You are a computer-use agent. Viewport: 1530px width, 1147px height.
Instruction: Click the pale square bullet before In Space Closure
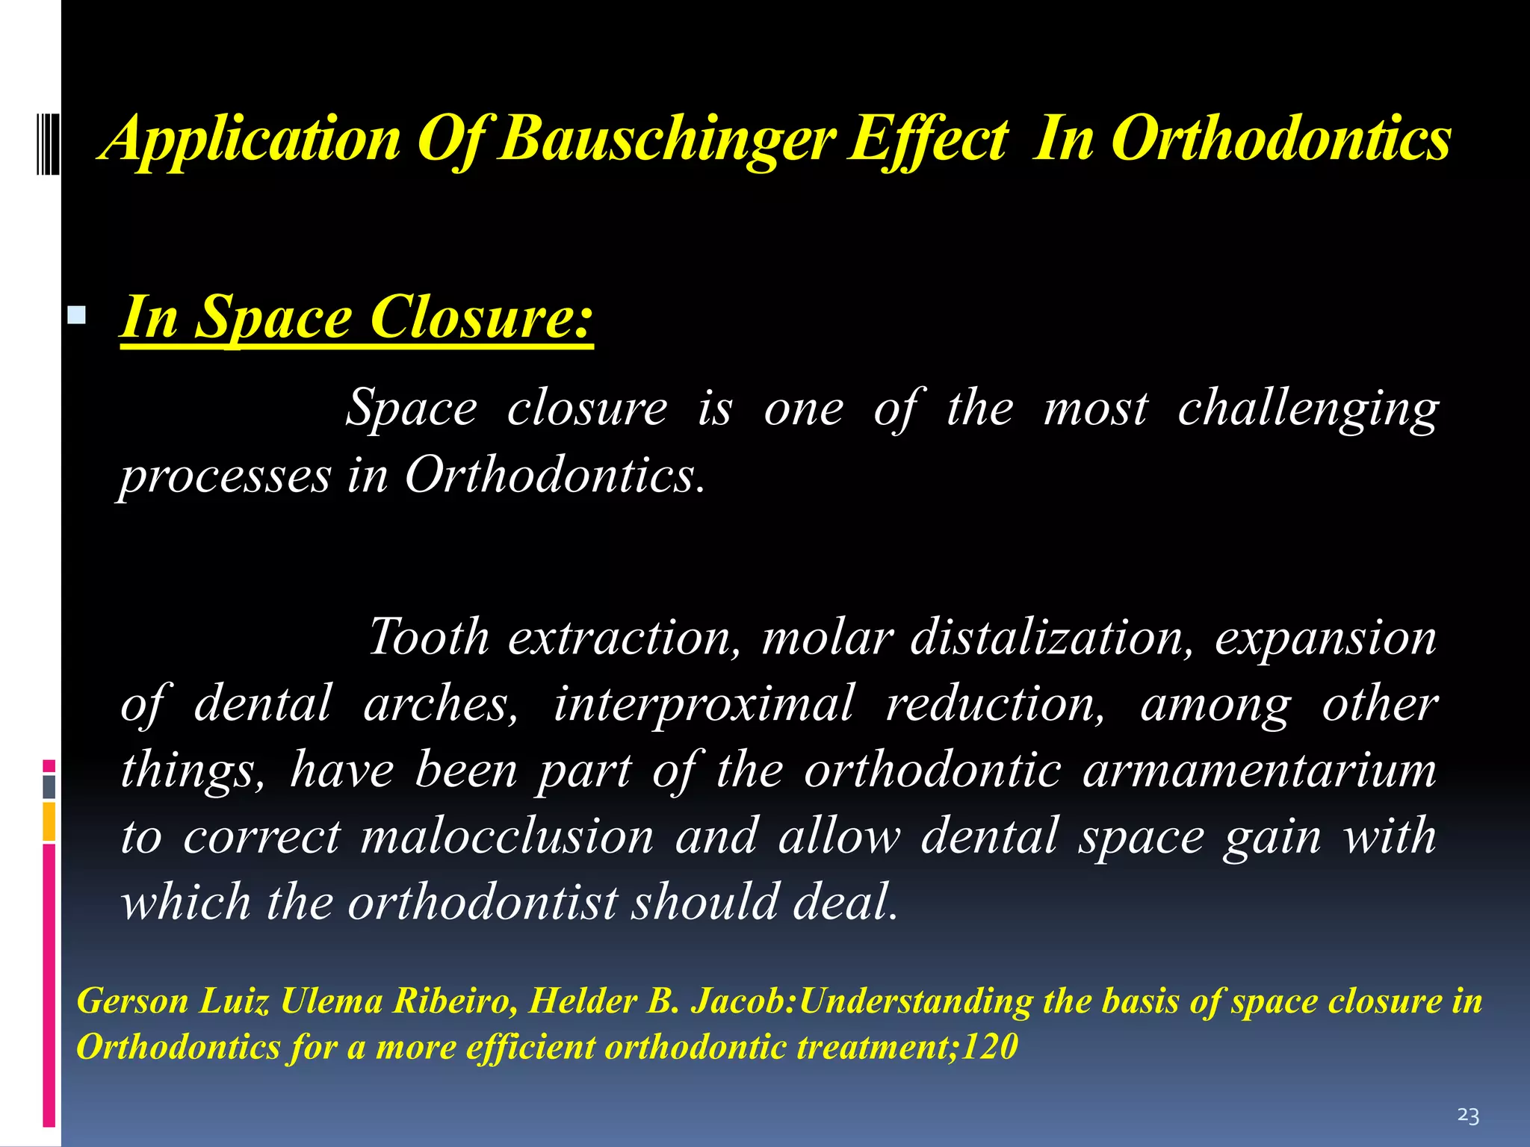point(76,315)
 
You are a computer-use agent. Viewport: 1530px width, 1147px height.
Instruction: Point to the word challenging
point(1308,409)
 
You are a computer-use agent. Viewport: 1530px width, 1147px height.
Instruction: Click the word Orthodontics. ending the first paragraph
point(554,476)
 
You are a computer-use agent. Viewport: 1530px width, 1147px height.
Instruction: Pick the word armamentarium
point(1260,770)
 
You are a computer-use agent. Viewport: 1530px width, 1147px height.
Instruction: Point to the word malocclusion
point(507,836)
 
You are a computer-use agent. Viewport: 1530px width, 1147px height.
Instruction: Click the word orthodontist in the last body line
point(483,902)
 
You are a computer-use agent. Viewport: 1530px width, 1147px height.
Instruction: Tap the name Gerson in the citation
point(133,1001)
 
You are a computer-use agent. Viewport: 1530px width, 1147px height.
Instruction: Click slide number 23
point(1468,1116)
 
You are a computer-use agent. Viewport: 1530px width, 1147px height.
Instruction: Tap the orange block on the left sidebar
point(49,821)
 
